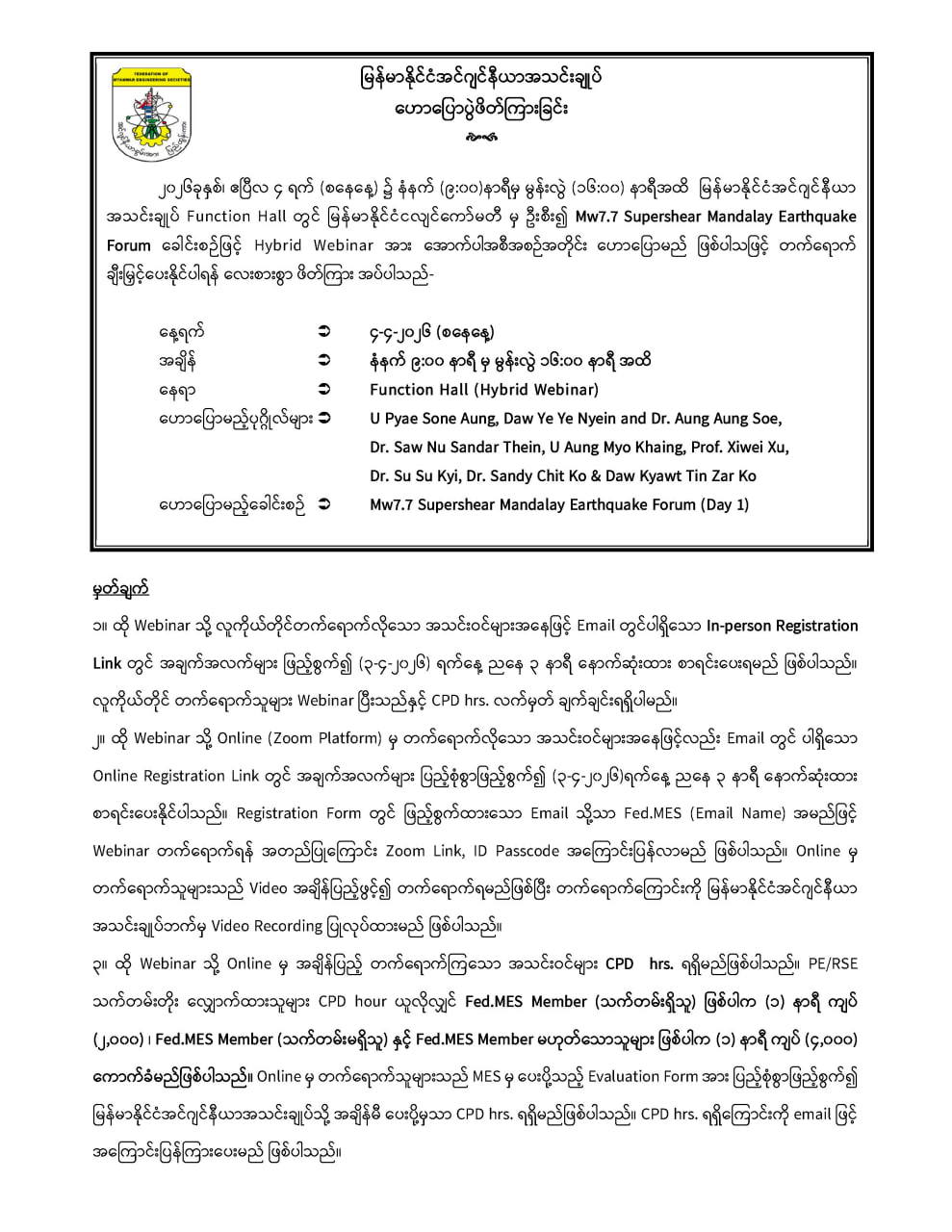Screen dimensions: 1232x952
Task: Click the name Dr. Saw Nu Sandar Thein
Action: point(445,448)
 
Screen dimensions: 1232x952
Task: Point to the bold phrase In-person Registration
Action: point(782,626)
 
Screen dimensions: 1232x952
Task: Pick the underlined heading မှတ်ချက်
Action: point(120,588)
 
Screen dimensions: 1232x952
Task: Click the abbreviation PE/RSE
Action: point(833,963)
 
